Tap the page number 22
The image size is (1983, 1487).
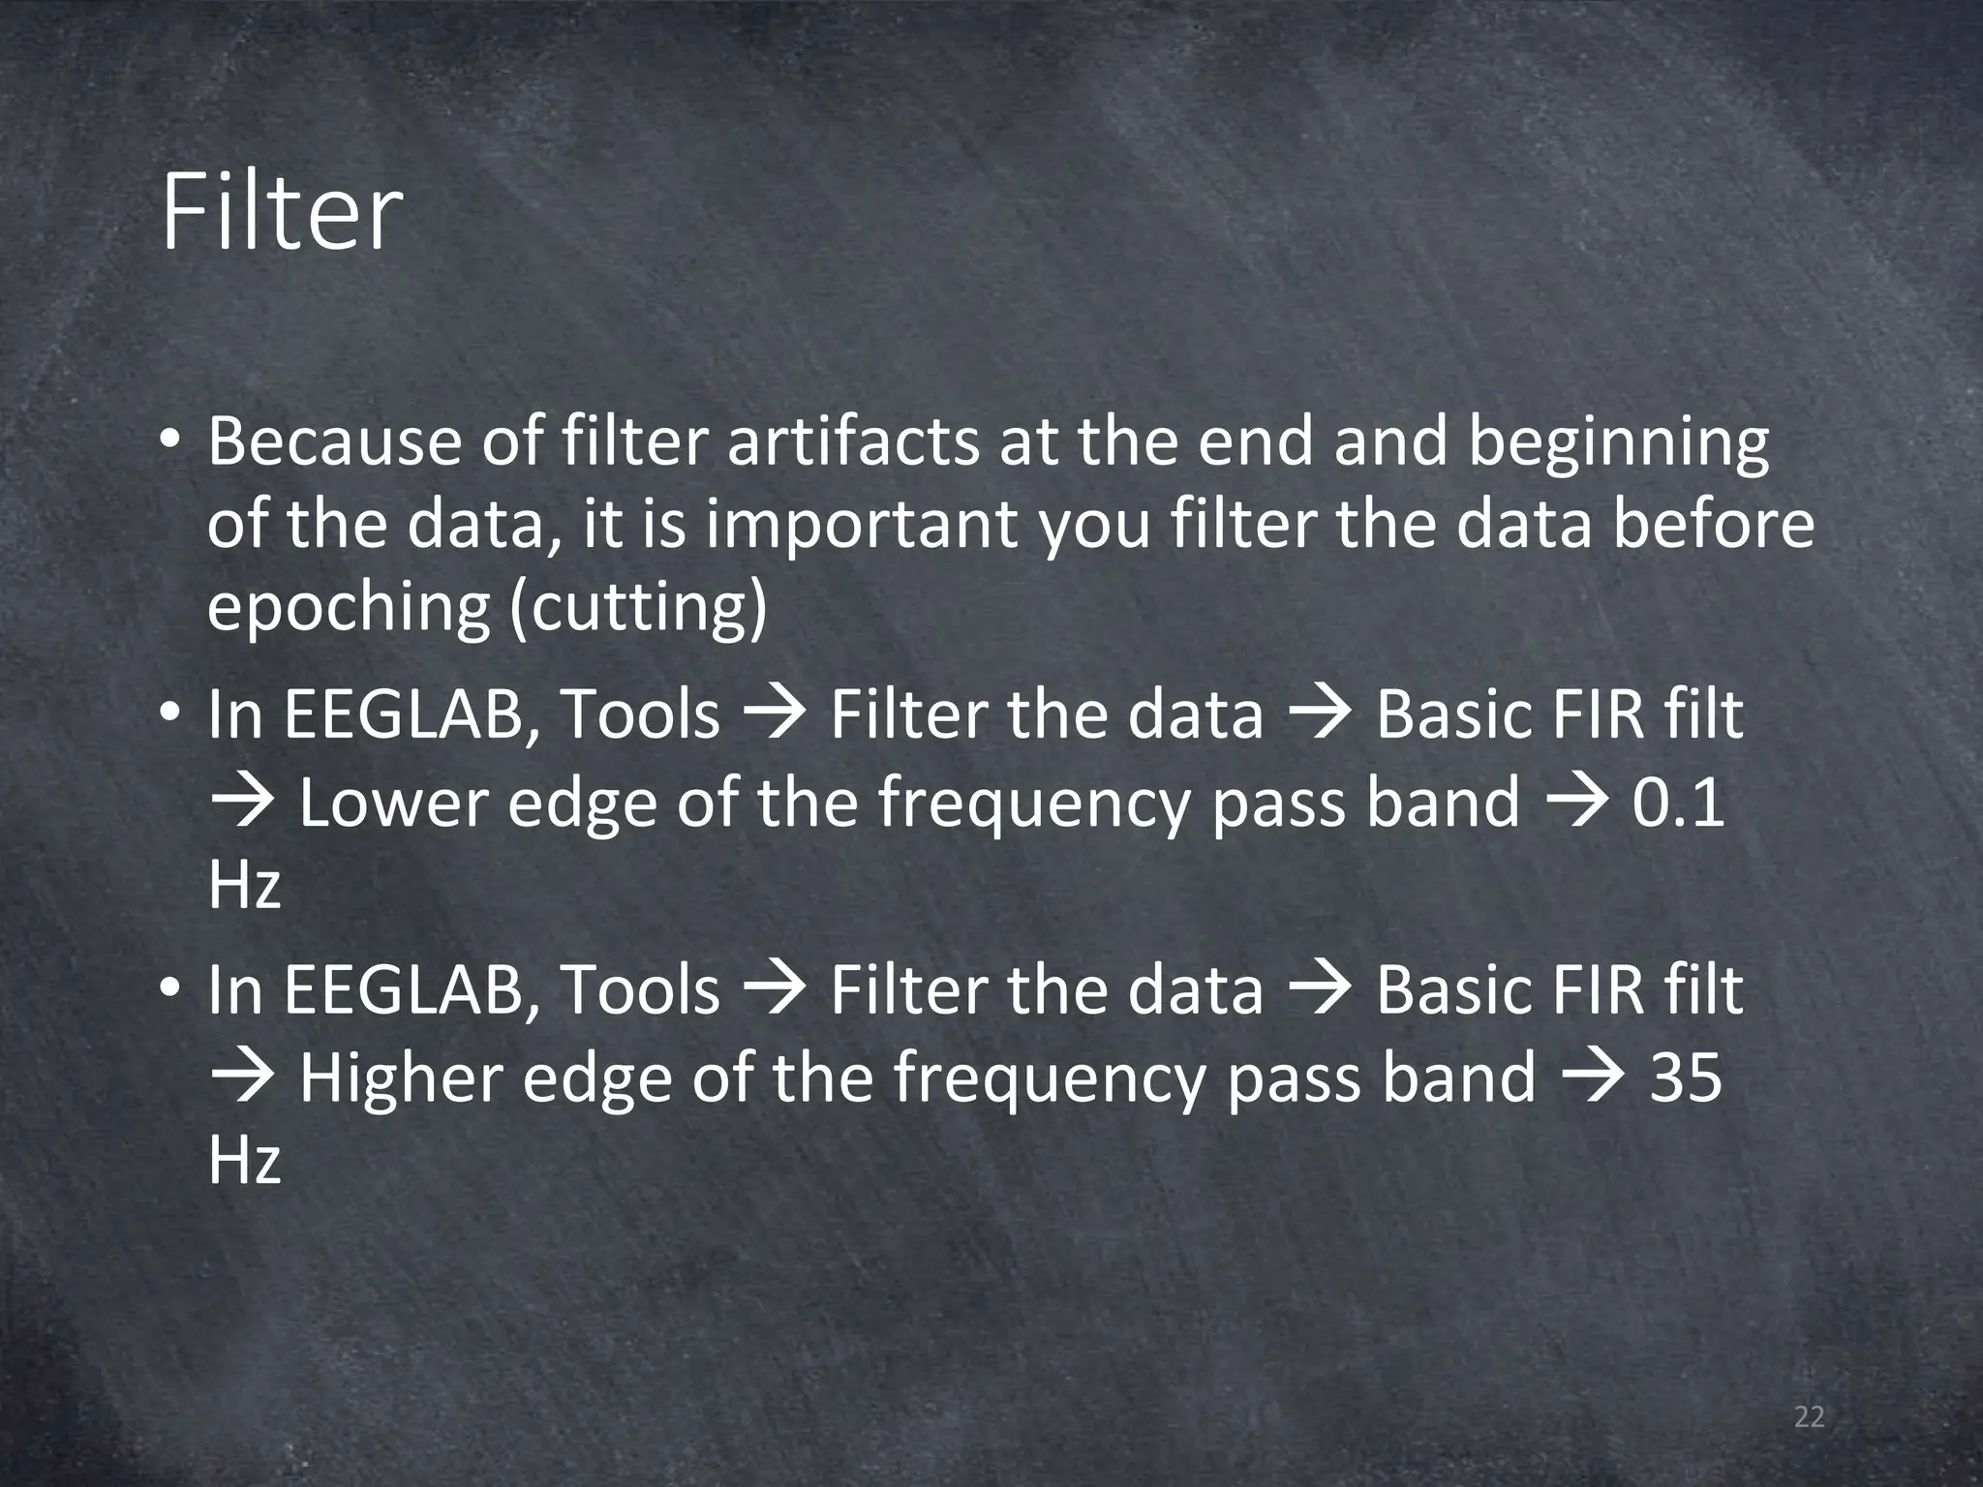pyautogui.click(x=1809, y=1418)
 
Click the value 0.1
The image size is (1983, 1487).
pyautogui.click(x=1677, y=804)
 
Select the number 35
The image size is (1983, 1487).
pyautogui.click(x=1685, y=1078)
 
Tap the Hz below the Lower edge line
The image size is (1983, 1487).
pyautogui.click(x=244, y=885)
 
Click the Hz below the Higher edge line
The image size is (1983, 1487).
pyautogui.click(x=244, y=1160)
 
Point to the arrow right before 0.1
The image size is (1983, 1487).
pyautogui.click(x=1576, y=804)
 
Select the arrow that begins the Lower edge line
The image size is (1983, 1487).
pyautogui.click(x=242, y=804)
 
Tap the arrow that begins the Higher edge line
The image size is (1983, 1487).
pyautogui.click(x=242, y=1078)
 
